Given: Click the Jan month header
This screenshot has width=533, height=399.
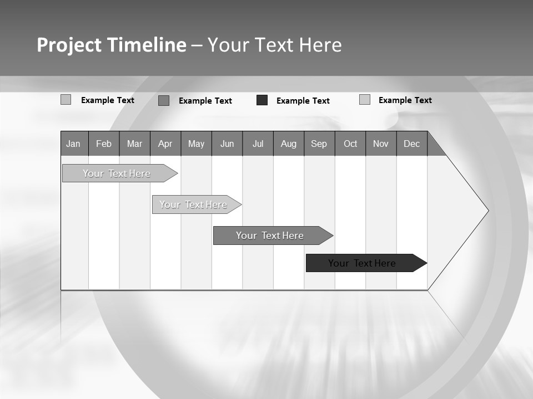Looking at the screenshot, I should tap(73, 144).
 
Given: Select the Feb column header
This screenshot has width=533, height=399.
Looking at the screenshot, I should tap(104, 144).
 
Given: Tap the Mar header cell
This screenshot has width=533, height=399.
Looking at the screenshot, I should tap(134, 144).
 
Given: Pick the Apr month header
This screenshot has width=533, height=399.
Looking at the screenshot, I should tap(165, 144).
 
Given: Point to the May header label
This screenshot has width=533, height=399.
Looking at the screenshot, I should tap(196, 144).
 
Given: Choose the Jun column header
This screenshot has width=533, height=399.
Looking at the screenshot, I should tap(227, 144).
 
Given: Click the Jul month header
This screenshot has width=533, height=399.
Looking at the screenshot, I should tap(258, 144).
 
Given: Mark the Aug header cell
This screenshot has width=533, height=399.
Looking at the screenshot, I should tap(288, 144).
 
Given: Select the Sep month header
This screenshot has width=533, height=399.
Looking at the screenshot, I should tap(319, 144).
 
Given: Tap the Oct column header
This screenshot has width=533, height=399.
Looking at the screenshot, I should tap(350, 144).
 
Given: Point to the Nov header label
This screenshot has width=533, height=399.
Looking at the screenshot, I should tap(381, 144).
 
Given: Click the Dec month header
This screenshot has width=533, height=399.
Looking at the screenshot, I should tap(411, 144).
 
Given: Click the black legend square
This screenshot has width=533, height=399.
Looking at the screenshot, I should tap(262, 100).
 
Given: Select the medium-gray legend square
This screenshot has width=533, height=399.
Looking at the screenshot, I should tap(164, 100).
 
